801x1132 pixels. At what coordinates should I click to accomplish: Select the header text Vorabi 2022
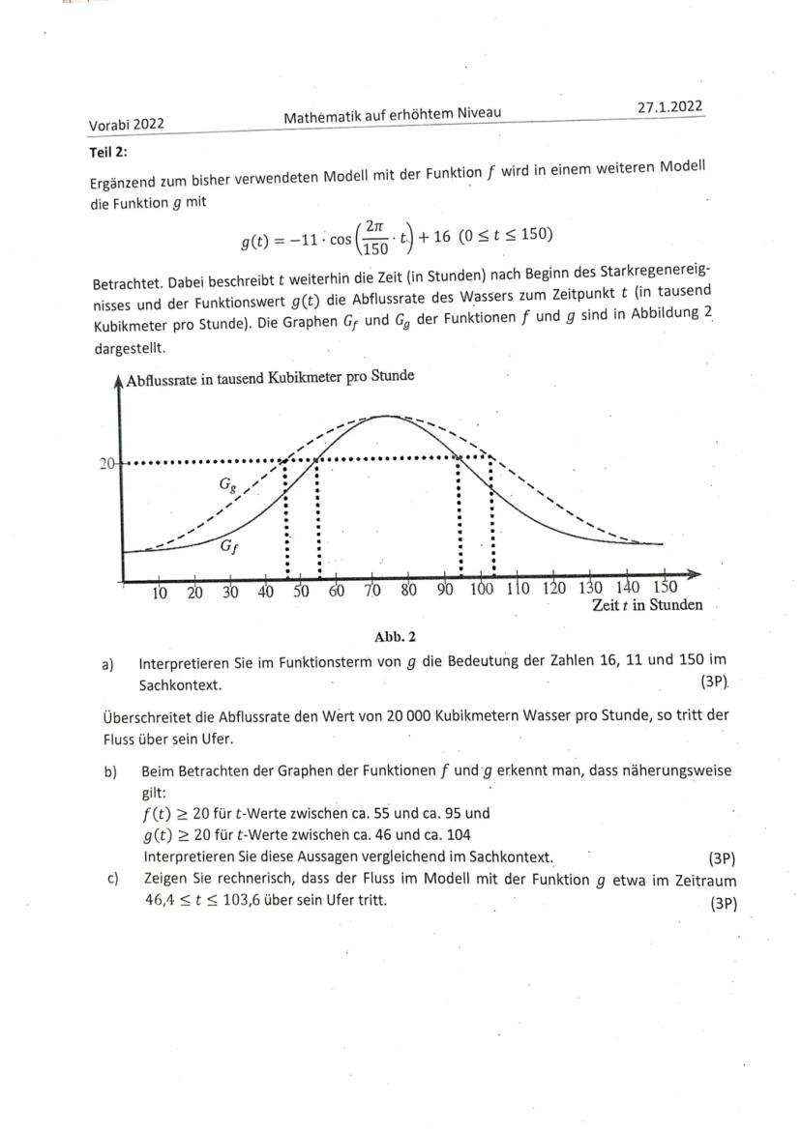tap(127, 124)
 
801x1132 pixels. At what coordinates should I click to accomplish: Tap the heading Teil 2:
tap(108, 151)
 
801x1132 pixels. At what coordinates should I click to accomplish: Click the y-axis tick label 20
tap(106, 463)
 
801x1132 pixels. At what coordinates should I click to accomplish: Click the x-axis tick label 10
tap(160, 593)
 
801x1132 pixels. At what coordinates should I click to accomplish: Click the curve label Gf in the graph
tap(227, 546)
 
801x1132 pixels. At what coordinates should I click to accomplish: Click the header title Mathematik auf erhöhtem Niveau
tap(392, 117)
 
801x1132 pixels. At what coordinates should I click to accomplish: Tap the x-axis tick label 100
tap(481, 591)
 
